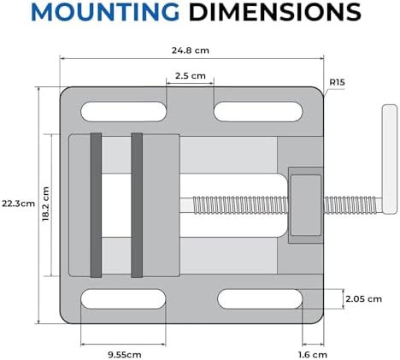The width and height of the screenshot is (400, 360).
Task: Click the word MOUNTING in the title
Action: [x=105, y=12]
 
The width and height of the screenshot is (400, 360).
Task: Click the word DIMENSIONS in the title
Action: [x=275, y=12]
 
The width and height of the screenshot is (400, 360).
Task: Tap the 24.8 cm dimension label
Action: [x=191, y=50]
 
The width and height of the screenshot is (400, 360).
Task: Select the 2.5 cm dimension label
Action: [x=191, y=76]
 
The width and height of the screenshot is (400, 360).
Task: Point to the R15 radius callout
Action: [x=337, y=82]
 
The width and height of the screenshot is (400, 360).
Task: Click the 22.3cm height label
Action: [x=18, y=204]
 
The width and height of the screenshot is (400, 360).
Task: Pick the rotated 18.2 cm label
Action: [x=45, y=204]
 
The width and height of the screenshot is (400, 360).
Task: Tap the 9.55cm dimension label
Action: [x=125, y=355]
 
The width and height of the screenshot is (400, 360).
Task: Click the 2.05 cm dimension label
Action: [x=363, y=299]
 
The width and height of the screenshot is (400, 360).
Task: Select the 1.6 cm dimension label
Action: [x=313, y=355]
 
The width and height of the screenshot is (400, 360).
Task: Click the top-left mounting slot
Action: [x=124, y=111]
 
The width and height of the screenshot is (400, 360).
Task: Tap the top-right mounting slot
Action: [x=258, y=111]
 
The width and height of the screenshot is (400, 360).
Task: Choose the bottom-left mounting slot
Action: [x=123, y=299]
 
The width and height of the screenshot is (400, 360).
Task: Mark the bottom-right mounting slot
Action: [x=260, y=299]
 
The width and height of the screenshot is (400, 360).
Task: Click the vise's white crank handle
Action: [x=390, y=159]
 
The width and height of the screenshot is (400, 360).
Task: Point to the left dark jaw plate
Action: [x=96, y=205]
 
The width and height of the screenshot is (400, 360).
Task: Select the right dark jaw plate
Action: [x=137, y=205]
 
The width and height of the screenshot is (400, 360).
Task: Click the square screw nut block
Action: [x=306, y=205]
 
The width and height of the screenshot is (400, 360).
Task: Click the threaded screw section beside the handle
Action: [x=353, y=204]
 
